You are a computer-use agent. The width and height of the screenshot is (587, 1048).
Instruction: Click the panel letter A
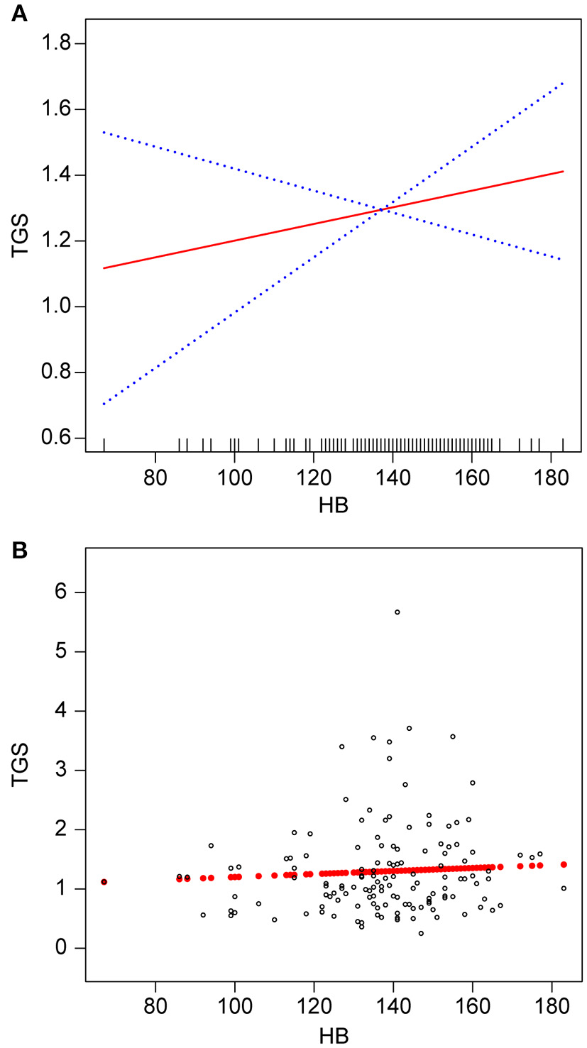click(19, 13)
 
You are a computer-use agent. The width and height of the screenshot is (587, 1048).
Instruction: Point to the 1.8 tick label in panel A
click(59, 44)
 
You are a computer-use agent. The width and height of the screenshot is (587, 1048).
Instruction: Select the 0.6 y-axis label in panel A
click(59, 438)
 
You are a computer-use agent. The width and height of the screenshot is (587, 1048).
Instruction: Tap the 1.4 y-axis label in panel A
click(59, 175)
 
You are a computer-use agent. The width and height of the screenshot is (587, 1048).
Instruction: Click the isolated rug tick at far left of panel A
click(104, 445)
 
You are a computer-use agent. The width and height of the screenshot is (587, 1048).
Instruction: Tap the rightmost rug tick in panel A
click(563, 445)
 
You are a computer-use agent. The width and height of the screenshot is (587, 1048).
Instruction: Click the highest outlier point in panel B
click(397, 612)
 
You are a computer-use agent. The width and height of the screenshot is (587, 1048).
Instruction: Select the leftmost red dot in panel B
click(104, 882)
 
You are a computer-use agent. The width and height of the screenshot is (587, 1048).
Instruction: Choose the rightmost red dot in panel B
click(564, 864)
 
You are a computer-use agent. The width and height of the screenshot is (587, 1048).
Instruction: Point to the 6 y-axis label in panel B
click(62, 592)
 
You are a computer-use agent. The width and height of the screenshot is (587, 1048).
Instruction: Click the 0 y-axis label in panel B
click(62, 948)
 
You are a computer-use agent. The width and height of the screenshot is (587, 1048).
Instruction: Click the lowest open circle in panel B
click(421, 933)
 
